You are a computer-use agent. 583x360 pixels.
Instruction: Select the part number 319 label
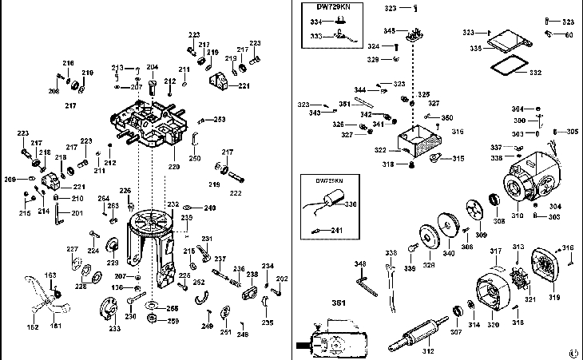(x=554, y=299)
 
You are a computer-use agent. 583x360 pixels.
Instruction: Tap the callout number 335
(x=475, y=49)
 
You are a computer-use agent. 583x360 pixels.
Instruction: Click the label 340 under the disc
(x=450, y=254)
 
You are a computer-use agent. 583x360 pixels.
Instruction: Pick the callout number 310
(x=517, y=215)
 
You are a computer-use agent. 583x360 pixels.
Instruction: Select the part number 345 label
(x=389, y=31)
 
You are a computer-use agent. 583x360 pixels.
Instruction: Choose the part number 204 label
(x=152, y=67)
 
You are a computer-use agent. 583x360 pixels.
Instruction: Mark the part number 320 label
(x=493, y=325)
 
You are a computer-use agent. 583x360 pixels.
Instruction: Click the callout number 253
(x=219, y=119)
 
